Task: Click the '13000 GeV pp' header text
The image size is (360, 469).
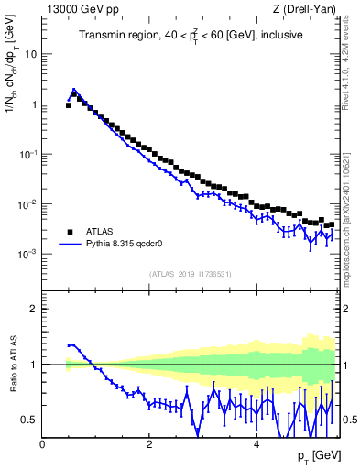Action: pos(76,9)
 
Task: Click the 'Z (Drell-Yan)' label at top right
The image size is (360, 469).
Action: pos(305,9)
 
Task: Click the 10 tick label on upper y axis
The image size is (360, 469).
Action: pos(30,54)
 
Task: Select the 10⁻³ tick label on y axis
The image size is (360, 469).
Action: pos(27,254)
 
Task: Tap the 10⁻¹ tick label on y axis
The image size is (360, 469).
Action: pos(27,154)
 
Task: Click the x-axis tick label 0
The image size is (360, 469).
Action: pos(43,443)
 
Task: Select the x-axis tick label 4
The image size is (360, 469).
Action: pos(256,443)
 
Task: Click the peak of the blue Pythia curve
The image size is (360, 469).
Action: pos(73,90)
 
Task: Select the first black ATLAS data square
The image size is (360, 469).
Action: pos(69,105)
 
